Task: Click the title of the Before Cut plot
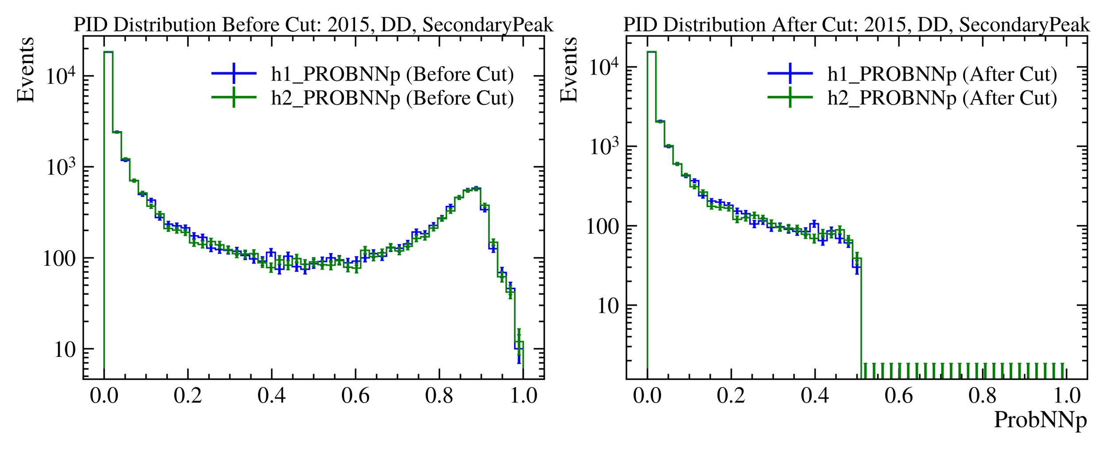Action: pos(313,25)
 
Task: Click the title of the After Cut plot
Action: pos(856,25)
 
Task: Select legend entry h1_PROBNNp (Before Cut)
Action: pos(392,74)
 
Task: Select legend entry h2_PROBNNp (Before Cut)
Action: pos(392,98)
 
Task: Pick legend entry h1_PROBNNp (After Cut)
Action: pos(942,74)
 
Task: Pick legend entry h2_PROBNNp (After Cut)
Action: pos(942,98)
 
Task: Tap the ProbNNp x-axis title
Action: pos(1040,420)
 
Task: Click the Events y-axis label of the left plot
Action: pos(25,70)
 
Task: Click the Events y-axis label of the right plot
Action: pos(569,70)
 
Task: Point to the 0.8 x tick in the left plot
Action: pos(439,395)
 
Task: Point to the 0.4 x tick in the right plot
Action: pos(815,395)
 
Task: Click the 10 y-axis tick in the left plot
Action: pos(65,350)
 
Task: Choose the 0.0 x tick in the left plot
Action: pos(104,395)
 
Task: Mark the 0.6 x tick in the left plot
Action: pos(355,395)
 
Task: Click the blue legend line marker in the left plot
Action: pos(234,74)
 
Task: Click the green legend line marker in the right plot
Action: pos(790,98)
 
